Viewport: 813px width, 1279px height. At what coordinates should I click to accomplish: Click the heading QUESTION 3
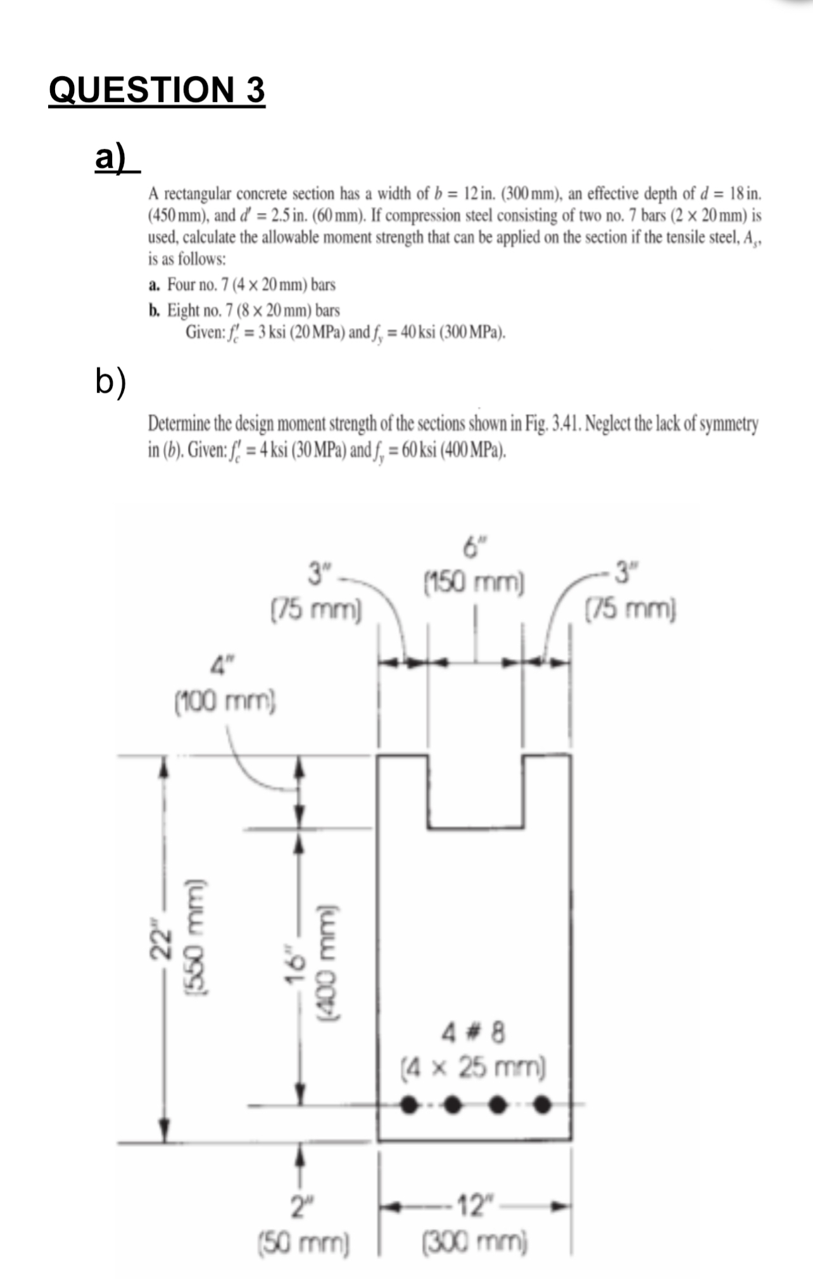[156, 89]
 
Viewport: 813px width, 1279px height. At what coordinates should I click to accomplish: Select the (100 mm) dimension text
[225, 700]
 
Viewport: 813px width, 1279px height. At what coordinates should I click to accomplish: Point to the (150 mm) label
[474, 581]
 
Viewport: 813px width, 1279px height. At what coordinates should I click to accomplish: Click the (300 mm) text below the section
[475, 1241]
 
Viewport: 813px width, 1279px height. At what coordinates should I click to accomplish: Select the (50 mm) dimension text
[303, 1242]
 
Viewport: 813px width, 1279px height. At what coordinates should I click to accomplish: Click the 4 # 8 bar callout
[474, 1033]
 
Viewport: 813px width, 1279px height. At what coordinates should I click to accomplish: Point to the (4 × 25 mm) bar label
[474, 1067]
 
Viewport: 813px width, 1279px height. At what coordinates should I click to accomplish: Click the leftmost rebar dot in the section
[409, 1105]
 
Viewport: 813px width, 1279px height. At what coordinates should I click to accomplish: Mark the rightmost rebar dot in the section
[541, 1105]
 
